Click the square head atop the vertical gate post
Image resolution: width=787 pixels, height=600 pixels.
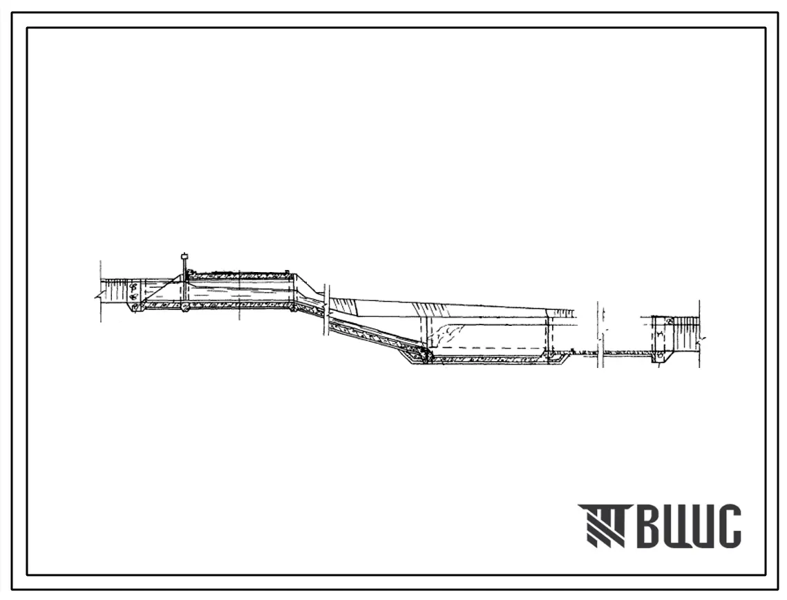click(184, 256)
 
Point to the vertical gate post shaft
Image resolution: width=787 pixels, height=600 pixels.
click(184, 282)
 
